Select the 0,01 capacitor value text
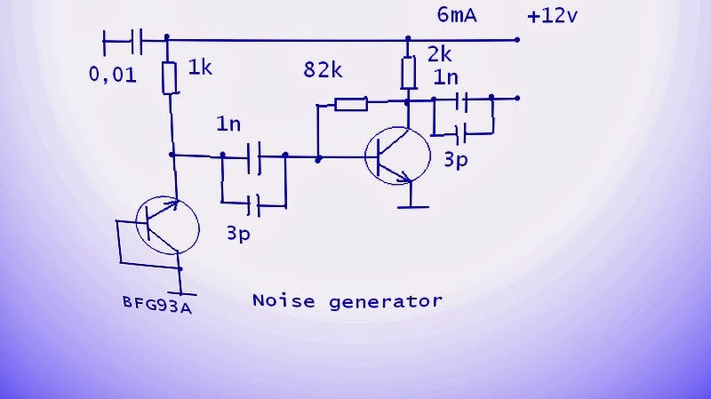point(113,76)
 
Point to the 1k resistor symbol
point(169,78)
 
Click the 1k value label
point(202,68)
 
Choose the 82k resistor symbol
point(350,105)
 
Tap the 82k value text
point(323,70)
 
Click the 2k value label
point(440,53)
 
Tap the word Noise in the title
point(284,300)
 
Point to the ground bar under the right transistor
point(411,207)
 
